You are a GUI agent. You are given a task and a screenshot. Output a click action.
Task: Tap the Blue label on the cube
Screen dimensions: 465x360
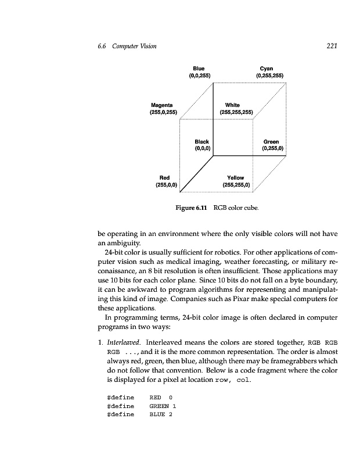tap(199, 69)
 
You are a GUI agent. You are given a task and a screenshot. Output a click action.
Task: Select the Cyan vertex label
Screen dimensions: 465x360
tap(267, 69)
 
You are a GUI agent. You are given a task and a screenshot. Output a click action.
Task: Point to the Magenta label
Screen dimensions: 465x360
tap(163, 105)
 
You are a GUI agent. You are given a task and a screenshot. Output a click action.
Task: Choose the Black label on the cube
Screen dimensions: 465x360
tap(202, 142)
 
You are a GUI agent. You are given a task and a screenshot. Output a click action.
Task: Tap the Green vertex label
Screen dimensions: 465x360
tap(271, 142)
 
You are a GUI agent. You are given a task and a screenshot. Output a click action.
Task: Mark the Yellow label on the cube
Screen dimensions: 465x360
tap(236, 178)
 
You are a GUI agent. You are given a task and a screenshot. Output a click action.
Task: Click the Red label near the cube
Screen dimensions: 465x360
tap(165, 178)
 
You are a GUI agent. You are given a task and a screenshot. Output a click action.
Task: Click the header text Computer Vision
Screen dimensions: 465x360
tap(137, 46)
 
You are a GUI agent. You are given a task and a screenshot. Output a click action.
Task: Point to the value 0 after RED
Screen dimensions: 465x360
tap(171, 396)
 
